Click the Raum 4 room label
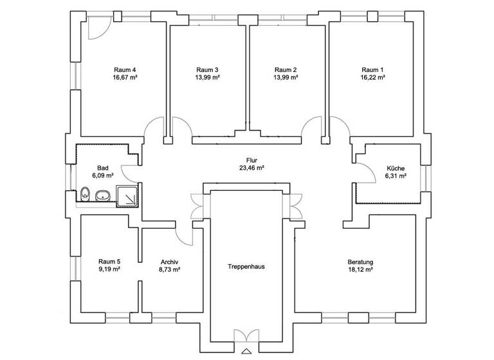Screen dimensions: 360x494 (x=125, y=69)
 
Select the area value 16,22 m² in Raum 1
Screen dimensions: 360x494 (x=372, y=77)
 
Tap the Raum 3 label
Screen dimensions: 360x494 (x=207, y=69)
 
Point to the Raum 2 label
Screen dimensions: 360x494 (x=285, y=69)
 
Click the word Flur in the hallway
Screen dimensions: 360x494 (x=252, y=159)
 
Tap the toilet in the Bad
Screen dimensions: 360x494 (x=86, y=192)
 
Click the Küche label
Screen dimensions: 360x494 (x=395, y=168)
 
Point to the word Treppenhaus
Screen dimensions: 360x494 (x=246, y=266)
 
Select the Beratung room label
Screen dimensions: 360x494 (x=360, y=262)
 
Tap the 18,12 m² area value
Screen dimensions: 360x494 (x=360, y=270)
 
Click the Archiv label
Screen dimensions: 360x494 (x=169, y=262)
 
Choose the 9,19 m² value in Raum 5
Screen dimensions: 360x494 (x=109, y=270)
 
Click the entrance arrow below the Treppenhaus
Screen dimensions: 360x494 (x=246, y=351)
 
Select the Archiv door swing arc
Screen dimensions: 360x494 (x=185, y=235)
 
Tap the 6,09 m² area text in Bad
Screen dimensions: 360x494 (x=103, y=175)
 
